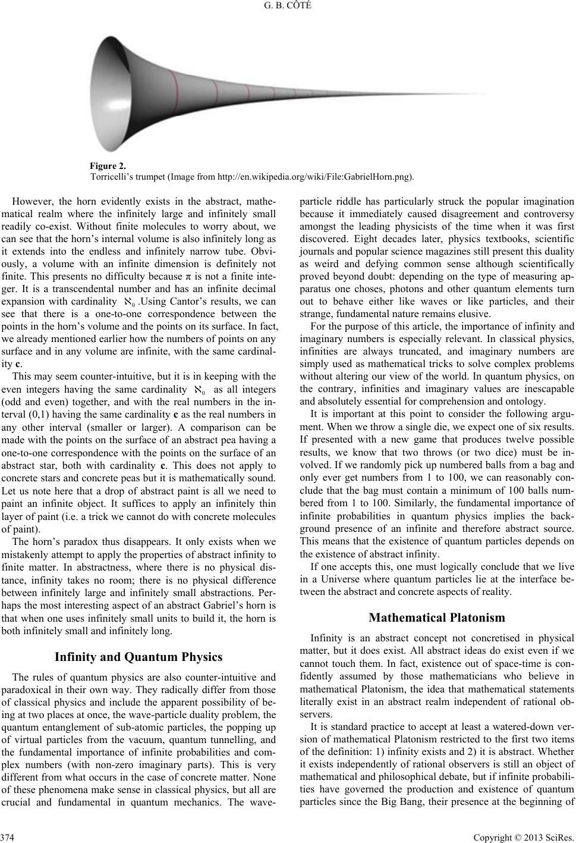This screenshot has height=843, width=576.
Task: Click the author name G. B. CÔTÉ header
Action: pyautogui.click(x=288, y=7)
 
